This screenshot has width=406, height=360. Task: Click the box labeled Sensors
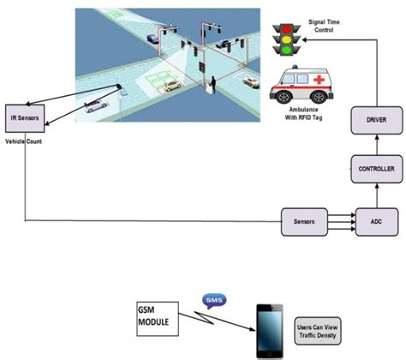pyautogui.click(x=305, y=220)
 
